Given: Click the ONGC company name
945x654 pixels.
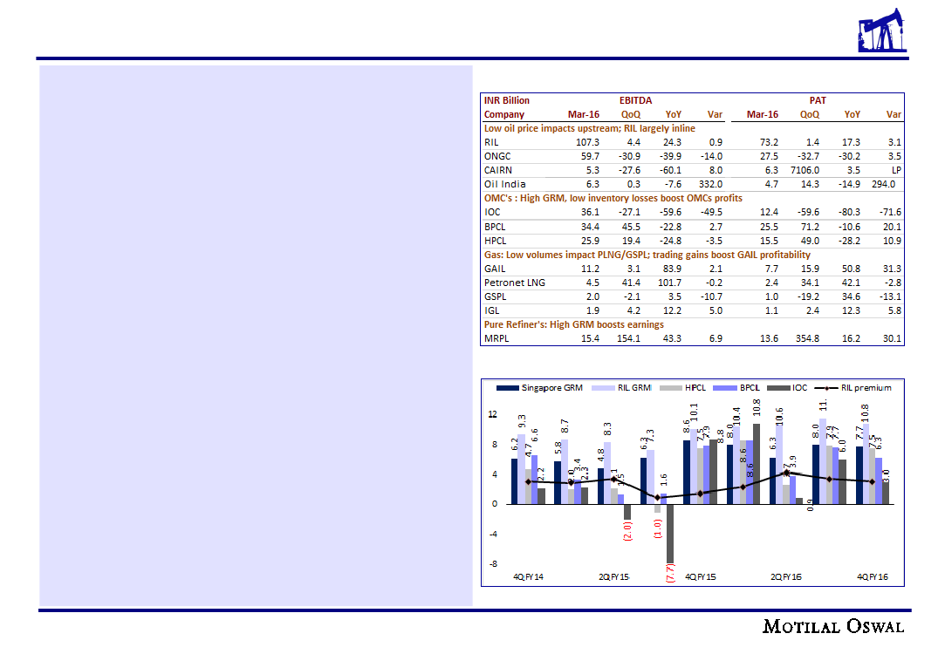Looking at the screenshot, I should [x=497, y=156].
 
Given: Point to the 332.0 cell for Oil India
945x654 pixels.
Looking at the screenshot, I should [x=710, y=184].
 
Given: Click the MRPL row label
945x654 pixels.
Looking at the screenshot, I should [x=497, y=338].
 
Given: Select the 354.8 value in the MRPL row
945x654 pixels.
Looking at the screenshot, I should [x=806, y=338].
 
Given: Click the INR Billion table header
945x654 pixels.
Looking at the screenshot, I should [x=507, y=100].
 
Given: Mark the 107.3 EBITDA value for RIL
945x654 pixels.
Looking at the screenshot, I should [x=584, y=142].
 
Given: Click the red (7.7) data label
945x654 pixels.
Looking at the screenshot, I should [x=670, y=579].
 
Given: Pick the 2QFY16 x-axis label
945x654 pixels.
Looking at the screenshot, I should [x=786, y=577].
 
